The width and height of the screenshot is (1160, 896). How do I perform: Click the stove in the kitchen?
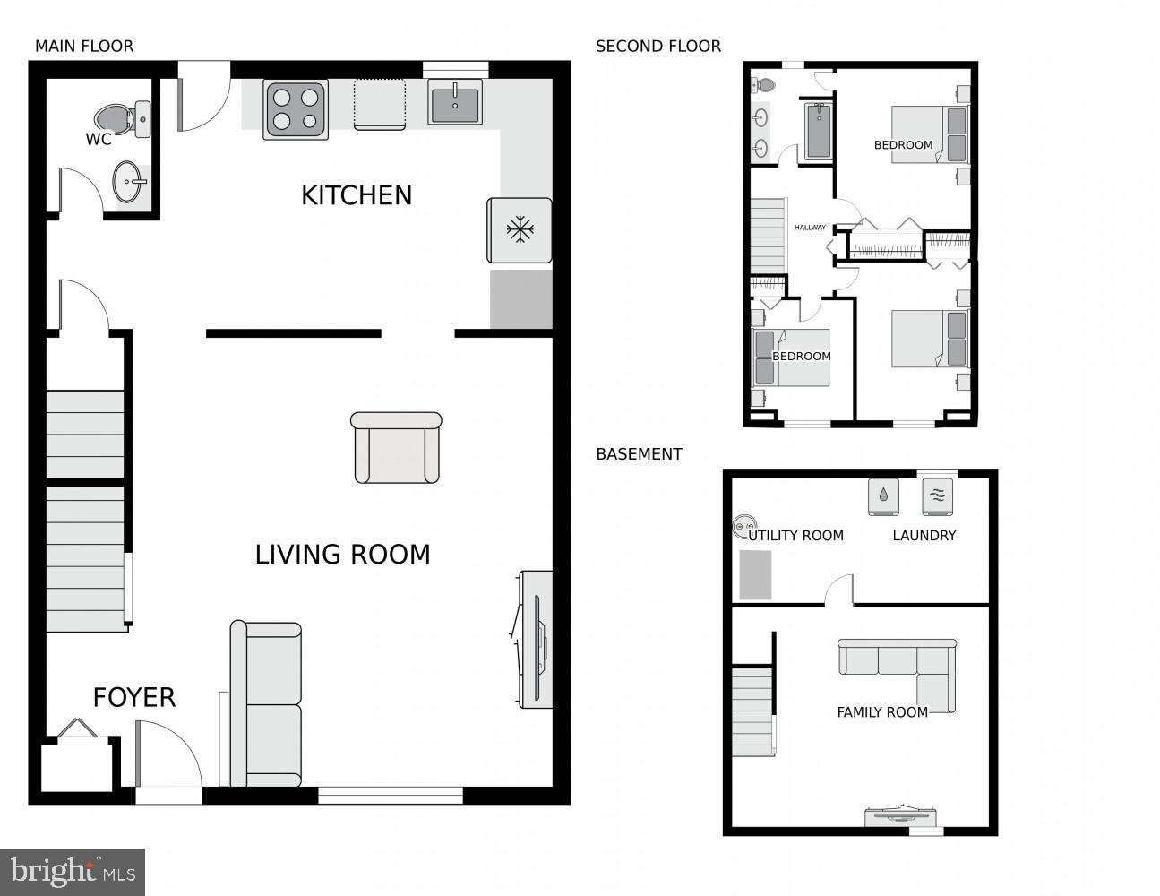296,109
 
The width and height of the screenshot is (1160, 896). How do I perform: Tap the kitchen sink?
454,103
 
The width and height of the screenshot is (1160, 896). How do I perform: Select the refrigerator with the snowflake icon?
520,230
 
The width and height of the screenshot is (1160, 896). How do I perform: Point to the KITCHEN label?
357,195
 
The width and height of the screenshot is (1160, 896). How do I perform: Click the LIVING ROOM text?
342,555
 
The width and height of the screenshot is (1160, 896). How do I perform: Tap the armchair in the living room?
396,448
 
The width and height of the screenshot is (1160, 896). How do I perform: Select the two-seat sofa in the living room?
266,704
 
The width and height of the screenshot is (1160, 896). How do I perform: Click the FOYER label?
134,698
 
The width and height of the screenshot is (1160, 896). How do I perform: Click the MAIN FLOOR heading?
84,47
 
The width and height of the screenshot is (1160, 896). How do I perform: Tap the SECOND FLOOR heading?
658,47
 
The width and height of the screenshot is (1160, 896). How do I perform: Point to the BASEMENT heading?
639,454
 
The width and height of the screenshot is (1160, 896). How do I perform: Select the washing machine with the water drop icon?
883,496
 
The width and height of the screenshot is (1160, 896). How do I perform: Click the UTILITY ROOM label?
796,536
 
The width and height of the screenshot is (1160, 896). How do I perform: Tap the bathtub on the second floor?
818,132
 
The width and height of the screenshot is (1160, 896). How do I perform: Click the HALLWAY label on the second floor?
810,228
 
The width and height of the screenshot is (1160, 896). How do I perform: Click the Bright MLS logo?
73,871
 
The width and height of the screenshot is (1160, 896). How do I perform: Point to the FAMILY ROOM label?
882,712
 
